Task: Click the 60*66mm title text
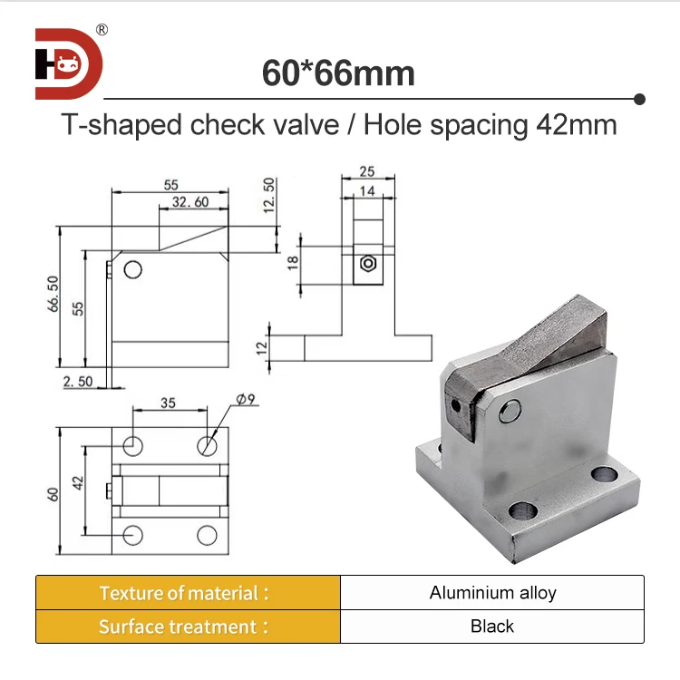pyautogui.click(x=338, y=73)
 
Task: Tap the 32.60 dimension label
pyautogui.click(x=189, y=201)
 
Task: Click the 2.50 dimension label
pyautogui.click(x=78, y=382)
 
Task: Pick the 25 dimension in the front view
pyautogui.click(x=366, y=172)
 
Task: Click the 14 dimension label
pyautogui.click(x=366, y=191)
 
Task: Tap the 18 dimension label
pyautogui.click(x=292, y=263)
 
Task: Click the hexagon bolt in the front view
pyautogui.click(x=367, y=264)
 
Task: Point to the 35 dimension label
pyautogui.click(x=168, y=403)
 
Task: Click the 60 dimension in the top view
pyautogui.click(x=53, y=493)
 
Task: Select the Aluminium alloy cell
pyautogui.click(x=492, y=593)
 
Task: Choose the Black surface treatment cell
pyautogui.click(x=492, y=626)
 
